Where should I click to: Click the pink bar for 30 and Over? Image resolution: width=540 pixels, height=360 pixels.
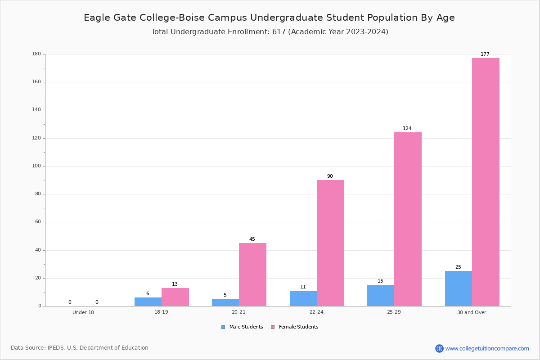point(486,182)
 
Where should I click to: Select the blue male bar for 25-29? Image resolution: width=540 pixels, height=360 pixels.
point(381,296)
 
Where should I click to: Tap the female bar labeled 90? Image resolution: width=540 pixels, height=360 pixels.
point(330,243)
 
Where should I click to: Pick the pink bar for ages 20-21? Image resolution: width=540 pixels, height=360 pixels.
point(252,274)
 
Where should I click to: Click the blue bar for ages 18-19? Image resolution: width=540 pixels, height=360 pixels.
point(148,302)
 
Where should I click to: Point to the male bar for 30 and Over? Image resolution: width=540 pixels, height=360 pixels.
point(459,288)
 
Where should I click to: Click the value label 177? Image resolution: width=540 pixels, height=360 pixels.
point(485,54)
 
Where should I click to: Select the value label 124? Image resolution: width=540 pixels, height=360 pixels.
point(407,128)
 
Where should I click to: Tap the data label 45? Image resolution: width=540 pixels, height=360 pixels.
point(252,239)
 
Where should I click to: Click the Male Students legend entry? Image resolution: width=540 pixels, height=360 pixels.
point(242,327)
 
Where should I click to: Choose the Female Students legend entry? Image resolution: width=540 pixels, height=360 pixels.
point(295,327)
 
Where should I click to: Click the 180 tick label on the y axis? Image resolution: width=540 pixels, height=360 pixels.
point(36,54)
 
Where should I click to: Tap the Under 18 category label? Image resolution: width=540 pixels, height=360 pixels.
point(83,312)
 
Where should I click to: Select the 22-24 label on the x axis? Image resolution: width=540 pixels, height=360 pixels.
point(316,312)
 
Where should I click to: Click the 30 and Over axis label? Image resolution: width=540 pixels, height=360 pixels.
point(472,312)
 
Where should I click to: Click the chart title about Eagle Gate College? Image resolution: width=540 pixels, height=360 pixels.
point(269,18)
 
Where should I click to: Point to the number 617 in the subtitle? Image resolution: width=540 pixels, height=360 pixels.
point(279,31)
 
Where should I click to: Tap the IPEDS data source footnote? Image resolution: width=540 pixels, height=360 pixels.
point(80,348)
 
